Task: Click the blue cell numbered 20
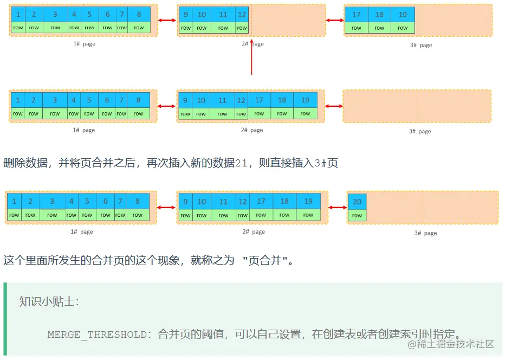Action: (x=357, y=202)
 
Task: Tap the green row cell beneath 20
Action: (x=357, y=215)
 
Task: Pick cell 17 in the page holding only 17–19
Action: (x=357, y=15)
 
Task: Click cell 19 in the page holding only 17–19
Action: (x=403, y=15)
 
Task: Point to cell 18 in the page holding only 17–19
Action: (x=379, y=15)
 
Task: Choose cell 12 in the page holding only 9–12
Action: (x=242, y=15)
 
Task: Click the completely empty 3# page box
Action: (x=417, y=106)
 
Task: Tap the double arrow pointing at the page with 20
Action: (x=337, y=207)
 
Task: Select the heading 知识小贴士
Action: (x=49, y=301)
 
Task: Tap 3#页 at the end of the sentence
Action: (x=326, y=163)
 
